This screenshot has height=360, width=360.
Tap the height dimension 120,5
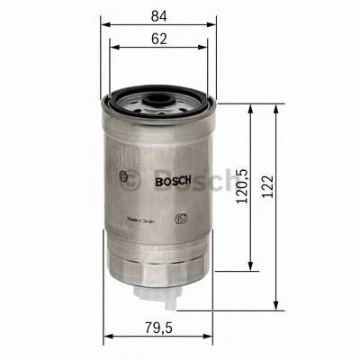click(x=239, y=187)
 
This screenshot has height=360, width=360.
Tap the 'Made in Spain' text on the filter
click(x=144, y=219)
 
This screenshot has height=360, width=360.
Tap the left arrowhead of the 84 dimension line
click(x=103, y=25)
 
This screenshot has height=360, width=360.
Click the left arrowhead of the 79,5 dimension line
click(x=107, y=337)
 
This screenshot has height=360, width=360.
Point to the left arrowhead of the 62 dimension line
click(x=112, y=49)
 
